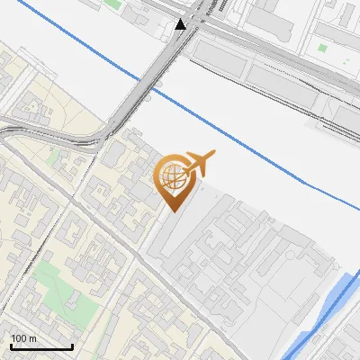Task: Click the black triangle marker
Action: pyautogui.click(x=181, y=24)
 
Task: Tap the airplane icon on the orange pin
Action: pyautogui.click(x=199, y=163)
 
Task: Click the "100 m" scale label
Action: pyautogui.click(x=23, y=338)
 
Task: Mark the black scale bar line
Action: pyautogui.click(x=40, y=347)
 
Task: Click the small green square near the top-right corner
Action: pyautogui.click(x=322, y=47)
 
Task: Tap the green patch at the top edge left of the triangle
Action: pyautogui.click(x=112, y=4)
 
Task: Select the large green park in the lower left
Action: pyautogui.click(x=54, y=292)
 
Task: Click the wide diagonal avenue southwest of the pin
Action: pyautogui.click(x=99, y=234)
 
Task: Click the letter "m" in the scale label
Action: pyautogui.click(x=34, y=338)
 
